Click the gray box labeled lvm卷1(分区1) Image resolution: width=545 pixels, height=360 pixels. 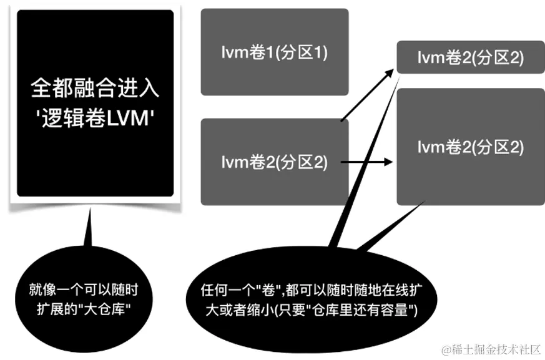tap(274, 52)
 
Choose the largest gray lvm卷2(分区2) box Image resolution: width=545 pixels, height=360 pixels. tap(469, 147)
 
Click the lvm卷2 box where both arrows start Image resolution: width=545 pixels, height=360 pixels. tap(274, 162)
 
